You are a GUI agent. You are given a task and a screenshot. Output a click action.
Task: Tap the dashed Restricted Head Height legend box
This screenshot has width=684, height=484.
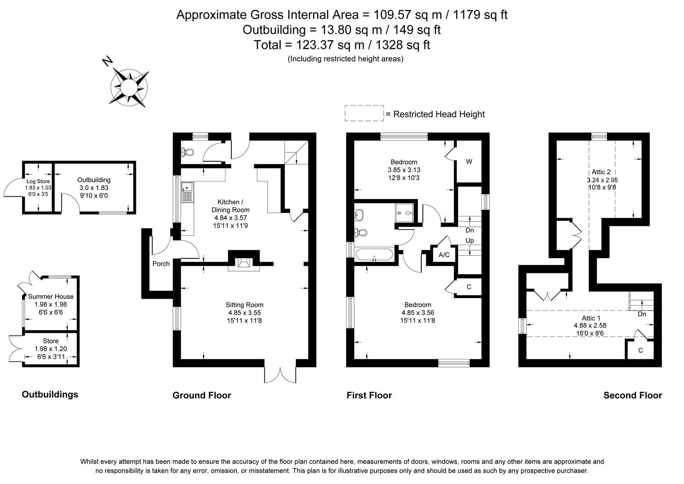click(x=364, y=113)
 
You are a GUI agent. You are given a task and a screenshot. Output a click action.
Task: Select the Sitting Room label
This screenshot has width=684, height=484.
click(x=244, y=305)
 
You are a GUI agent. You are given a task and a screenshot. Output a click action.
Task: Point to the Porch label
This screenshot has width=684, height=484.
click(x=161, y=264)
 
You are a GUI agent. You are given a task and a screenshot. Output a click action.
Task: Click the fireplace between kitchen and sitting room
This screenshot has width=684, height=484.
click(x=244, y=264)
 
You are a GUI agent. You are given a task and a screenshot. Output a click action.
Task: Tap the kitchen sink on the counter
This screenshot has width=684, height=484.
click(x=186, y=192)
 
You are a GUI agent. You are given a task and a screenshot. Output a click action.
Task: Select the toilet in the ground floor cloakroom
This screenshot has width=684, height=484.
click(x=187, y=152)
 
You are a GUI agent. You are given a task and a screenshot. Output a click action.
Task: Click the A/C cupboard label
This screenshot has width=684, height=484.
click(x=444, y=255)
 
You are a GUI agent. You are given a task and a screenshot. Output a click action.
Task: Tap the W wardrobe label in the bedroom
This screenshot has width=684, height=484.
click(x=469, y=162)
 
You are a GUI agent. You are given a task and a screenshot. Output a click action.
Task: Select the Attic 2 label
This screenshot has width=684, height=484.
click(x=601, y=172)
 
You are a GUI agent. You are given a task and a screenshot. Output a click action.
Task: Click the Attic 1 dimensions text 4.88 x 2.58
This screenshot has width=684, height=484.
click(x=590, y=326)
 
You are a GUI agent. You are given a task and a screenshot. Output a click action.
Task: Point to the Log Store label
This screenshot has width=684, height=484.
click(x=38, y=181)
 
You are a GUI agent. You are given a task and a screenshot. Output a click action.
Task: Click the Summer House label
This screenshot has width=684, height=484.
click(x=51, y=296)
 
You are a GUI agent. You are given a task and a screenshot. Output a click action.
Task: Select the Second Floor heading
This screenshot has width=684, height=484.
click(x=632, y=395)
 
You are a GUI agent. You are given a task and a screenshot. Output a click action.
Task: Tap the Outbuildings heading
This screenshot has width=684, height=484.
click(x=50, y=394)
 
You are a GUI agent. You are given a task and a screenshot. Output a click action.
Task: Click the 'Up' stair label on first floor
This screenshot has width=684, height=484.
click(x=469, y=241)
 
